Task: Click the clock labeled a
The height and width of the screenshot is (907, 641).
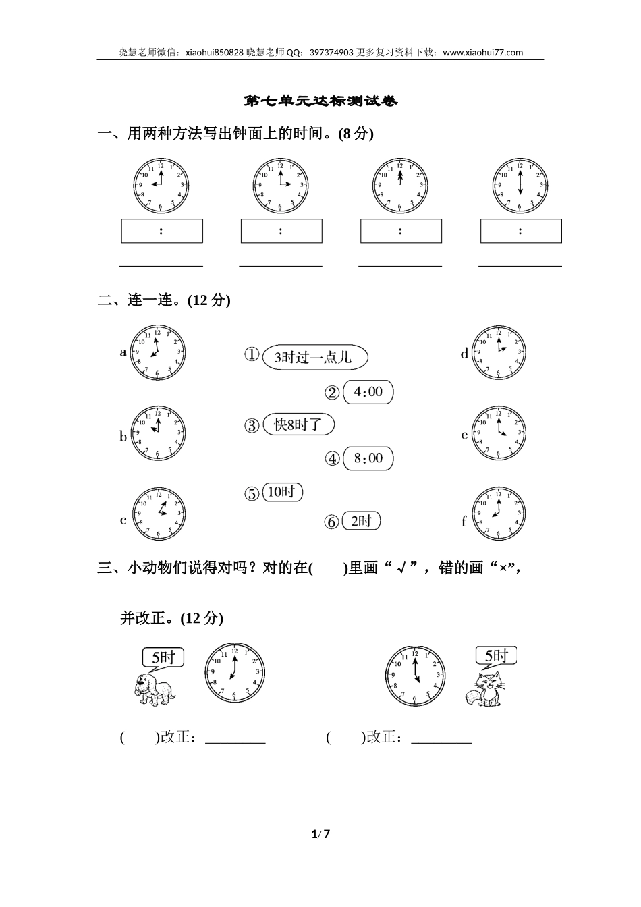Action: [x=157, y=352]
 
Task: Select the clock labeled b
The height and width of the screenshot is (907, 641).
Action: [x=157, y=433]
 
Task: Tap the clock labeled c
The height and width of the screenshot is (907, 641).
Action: [x=158, y=513]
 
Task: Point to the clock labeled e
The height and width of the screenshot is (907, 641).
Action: [x=499, y=433]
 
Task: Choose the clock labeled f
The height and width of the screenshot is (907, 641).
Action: [x=499, y=514]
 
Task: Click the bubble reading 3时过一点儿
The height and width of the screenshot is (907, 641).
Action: [x=314, y=357]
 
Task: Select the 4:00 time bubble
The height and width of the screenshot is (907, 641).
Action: [x=368, y=392]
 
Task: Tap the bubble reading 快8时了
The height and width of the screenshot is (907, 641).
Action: [x=298, y=424]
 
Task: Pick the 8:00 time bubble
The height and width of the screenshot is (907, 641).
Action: [x=368, y=459]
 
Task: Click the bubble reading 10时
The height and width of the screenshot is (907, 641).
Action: [x=282, y=492]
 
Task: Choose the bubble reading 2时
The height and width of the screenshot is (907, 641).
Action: [x=362, y=521]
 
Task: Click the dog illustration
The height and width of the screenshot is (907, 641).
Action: [x=154, y=689]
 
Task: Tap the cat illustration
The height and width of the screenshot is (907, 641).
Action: [x=485, y=690]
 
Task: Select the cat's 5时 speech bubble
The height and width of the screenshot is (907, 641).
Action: [x=496, y=655]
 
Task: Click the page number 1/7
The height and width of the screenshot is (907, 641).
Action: [x=320, y=834]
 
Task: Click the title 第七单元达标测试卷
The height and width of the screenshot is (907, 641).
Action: [x=320, y=101]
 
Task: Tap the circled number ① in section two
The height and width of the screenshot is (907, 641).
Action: [x=252, y=355]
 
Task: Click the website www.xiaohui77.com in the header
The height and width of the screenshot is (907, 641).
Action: [x=484, y=52]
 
